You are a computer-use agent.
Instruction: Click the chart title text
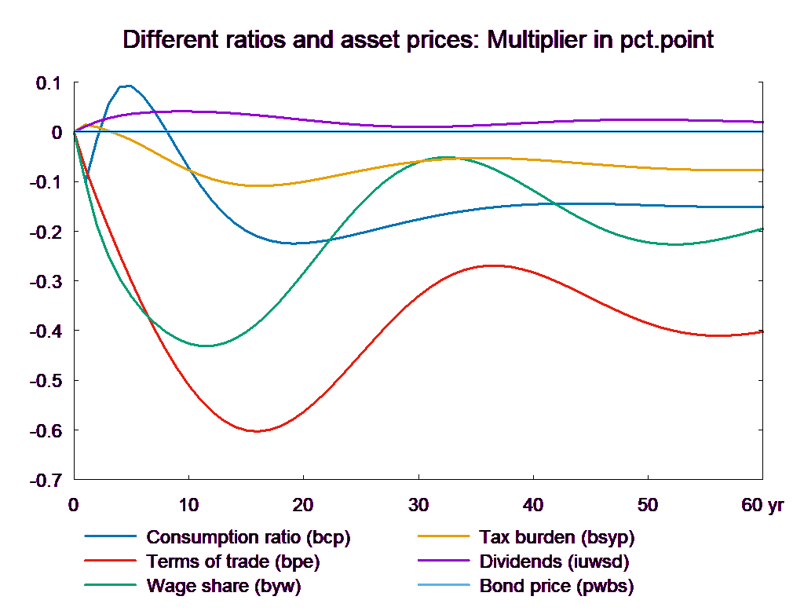tap(418, 40)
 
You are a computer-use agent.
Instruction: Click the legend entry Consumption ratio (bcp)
tap(248, 538)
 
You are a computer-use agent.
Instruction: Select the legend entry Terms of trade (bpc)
tap(233, 562)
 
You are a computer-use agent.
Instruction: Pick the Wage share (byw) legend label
tap(224, 586)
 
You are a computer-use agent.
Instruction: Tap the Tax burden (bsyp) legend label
tap(556, 538)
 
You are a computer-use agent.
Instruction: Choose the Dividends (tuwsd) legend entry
tap(554, 562)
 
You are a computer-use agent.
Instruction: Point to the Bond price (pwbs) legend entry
tap(556, 586)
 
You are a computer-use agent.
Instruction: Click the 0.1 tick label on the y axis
tap(49, 82)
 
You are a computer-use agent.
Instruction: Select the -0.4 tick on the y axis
tap(46, 331)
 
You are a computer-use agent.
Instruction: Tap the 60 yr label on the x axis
tap(762, 505)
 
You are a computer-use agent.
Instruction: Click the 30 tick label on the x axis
tap(418, 505)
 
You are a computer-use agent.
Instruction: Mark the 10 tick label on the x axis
tap(188, 505)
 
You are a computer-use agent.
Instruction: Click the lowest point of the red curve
tap(256, 431)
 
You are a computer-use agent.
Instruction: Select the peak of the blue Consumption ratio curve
tap(126, 86)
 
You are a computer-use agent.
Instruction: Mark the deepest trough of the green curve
tap(206, 346)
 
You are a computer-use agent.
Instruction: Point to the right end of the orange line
tap(764, 170)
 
